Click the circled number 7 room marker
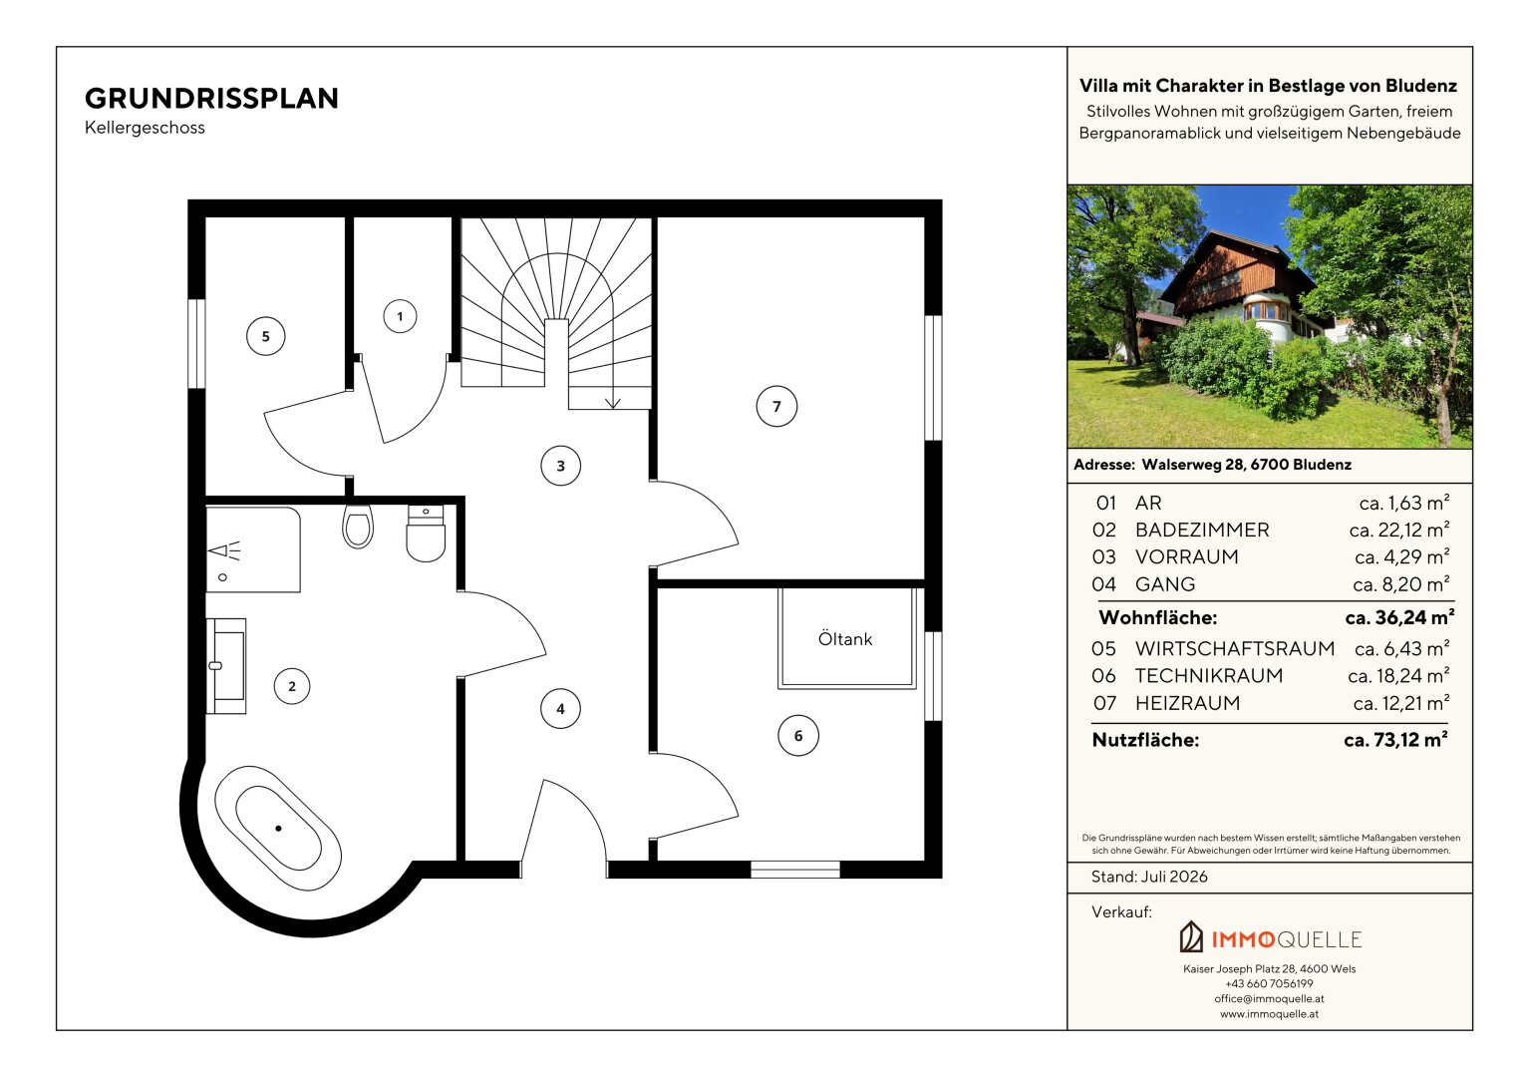click(x=776, y=406)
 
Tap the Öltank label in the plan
click(x=845, y=639)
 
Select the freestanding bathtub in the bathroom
click(x=278, y=828)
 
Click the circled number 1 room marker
click(x=400, y=316)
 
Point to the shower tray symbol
click(x=253, y=549)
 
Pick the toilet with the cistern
click(x=426, y=533)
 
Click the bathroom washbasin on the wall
click(x=226, y=666)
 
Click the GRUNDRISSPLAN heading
click(x=211, y=99)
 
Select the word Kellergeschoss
click(x=145, y=128)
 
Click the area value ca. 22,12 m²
click(x=1399, y=530)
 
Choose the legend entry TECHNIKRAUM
click(x=1209, y=675)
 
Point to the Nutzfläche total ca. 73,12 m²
click(x=1395, y=740)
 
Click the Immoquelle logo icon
click(x=1191, y=936)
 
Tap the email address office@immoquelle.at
click(x=1270, y=999)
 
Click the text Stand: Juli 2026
click(x=1150, y=877)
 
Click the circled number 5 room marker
click(x=266, y=336)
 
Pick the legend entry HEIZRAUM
click(x=1188, y=703)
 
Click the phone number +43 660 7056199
click(x=1270, y=984)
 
